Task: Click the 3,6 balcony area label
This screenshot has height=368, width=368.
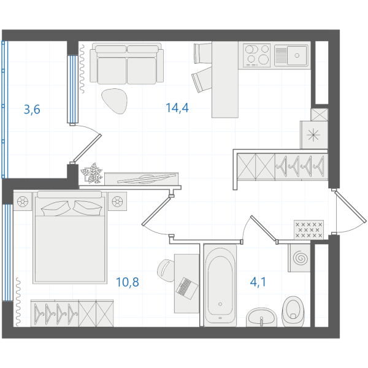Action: click(x=32, y=110)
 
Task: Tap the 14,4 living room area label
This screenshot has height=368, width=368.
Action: click(x=177, y=108)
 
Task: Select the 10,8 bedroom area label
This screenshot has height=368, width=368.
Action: click(x=128, y=282)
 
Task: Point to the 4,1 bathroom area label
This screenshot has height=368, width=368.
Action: click(x=258, y=282)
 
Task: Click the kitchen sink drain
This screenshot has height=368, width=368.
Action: click(x=297, y=56)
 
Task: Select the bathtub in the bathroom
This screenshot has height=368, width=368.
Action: click(x=220, y=285)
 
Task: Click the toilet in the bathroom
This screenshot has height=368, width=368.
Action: click(x=293, y=312)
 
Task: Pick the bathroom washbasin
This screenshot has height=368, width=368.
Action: click(x=261, y=317)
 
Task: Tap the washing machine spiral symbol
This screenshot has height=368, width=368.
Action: click(x=301, y=258)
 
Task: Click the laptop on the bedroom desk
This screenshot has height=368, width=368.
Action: click(x=187, y=288)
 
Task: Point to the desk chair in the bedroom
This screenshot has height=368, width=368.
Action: click(x=166, y=270)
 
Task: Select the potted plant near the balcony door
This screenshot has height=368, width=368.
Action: click(x=91, y=173)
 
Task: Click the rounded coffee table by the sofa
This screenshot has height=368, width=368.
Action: click(x=115, y=101)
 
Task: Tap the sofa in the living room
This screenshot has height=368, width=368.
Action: click(x=127, y=63)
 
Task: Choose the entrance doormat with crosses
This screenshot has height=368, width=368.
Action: click(x=309, y=230)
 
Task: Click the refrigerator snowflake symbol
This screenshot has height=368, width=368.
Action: click(x=313, y=135)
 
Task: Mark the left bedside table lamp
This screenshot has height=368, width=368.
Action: click(x=22, y=201)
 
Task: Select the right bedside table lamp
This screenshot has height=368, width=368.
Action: click(x=117, y=201)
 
